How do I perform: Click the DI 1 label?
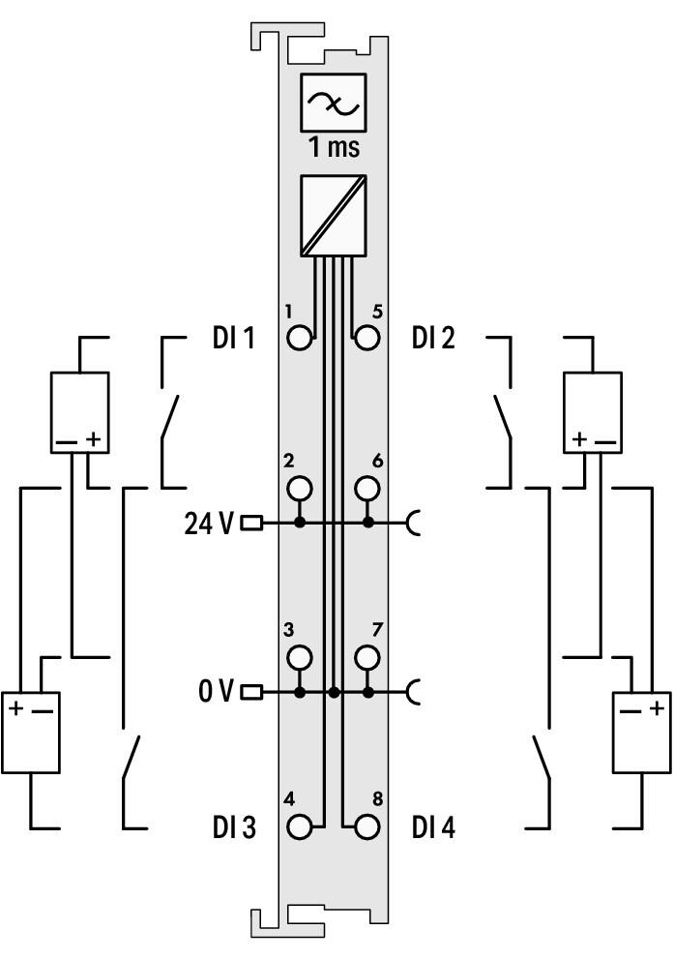[x=233, y=338]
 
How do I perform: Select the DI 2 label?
[x=433, y=338]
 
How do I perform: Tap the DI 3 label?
[x=234, y=827]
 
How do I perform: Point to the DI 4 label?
[x=433, y=827]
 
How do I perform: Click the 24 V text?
[x=209, y=524]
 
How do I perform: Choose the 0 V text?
[x=216, y=692]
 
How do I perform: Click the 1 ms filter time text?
[x=334, y=147]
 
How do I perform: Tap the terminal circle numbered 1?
[x=299, y=338]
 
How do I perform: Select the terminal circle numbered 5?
[x=367, y=338]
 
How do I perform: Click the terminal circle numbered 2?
[x=299, y=489]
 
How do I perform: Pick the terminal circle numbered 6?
[x=367, y=489]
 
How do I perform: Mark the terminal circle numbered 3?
[x=299, y=657]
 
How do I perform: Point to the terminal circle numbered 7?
[x=367, y=657]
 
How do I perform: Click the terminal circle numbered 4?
[x=299, y=827]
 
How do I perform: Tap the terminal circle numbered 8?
[x=367, y=827]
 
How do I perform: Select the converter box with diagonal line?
[x=334, y=216]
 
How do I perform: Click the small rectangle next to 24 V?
[x=252, y=524]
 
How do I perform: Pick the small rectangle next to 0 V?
[x=252, y=693]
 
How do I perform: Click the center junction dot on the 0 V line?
[x=334, y=693]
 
